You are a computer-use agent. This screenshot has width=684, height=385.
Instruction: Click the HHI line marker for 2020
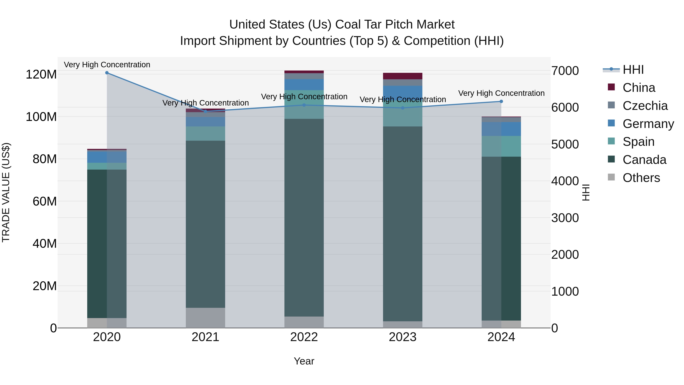(107, 73)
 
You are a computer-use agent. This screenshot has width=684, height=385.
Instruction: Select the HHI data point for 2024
(501, 101)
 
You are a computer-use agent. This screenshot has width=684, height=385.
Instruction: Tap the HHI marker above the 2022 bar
(304, 105)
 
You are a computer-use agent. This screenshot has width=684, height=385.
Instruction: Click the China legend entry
(639, 88)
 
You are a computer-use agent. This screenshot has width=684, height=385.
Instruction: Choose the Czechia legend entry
(645, 106)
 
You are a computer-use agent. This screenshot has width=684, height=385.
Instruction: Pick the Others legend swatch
(611, 177)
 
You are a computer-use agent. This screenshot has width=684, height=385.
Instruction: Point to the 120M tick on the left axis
(41, 74)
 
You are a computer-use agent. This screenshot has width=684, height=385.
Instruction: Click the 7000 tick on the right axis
(565, 71)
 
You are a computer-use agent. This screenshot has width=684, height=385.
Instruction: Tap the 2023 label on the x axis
(403, 337)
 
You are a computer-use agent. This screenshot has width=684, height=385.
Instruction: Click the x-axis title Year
(304, 361)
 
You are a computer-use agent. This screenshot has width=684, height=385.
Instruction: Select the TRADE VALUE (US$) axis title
(6, 192)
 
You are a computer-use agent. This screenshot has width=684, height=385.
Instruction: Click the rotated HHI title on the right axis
(586, 192)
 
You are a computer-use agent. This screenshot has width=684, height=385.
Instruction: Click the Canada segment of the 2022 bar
(304, 218)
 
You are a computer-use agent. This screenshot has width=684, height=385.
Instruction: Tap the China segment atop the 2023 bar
(403, 76)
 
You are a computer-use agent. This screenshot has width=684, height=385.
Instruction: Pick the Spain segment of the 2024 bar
(501, 146)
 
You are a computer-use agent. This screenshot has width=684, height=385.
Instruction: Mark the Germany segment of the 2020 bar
(107, 157)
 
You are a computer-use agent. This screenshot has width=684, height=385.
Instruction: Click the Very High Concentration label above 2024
(501, 93)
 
